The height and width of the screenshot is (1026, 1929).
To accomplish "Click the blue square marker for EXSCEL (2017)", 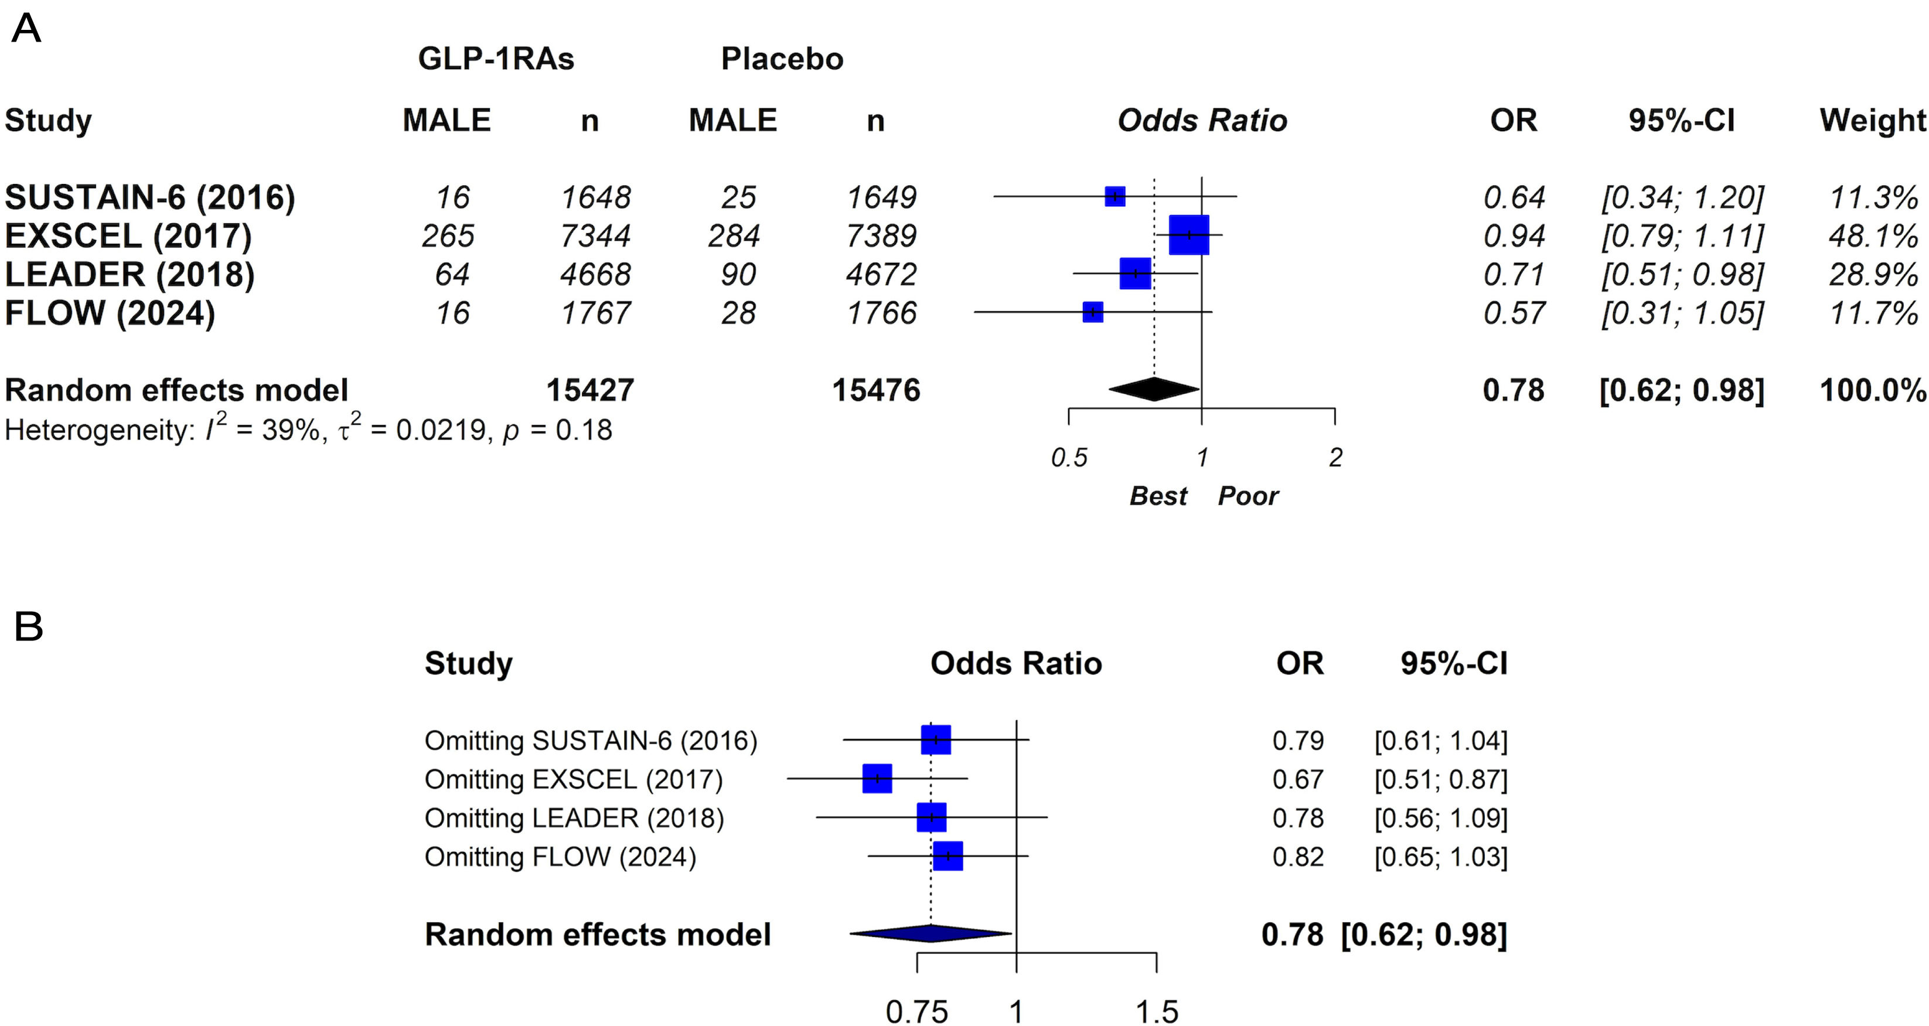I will tap(1188, 235).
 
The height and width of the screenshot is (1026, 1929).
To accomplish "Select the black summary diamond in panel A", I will tap(1154, 388).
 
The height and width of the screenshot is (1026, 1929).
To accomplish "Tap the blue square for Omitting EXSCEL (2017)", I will tap(877, 778).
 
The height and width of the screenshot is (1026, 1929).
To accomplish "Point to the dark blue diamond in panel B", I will tap(931, 933).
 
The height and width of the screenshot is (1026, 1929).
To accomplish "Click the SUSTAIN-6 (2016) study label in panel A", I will tap(150, 197).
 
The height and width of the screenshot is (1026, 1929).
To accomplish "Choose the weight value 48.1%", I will tap(1873, 236).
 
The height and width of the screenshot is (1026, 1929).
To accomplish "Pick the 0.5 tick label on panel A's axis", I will tap(1069, 458).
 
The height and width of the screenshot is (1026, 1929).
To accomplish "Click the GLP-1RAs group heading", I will tap(496, 59).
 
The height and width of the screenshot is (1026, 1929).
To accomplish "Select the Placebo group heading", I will tap(782, 59).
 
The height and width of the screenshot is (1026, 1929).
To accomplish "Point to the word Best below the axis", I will tap(1158, 496).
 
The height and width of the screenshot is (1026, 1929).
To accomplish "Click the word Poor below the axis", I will tap(1248, 496).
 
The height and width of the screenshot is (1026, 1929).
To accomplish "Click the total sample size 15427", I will tap(590, 390).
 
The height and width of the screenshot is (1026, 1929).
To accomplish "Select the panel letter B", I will tap(29, 626).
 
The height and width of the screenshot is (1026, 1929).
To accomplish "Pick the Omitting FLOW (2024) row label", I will tap(560, 857).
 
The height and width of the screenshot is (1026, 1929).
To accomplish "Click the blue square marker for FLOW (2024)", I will tap(1093, 312).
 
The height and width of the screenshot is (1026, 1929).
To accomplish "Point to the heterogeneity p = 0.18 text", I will tap(557, 430).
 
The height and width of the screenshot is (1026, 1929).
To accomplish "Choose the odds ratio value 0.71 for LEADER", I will tap(1514, 275).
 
